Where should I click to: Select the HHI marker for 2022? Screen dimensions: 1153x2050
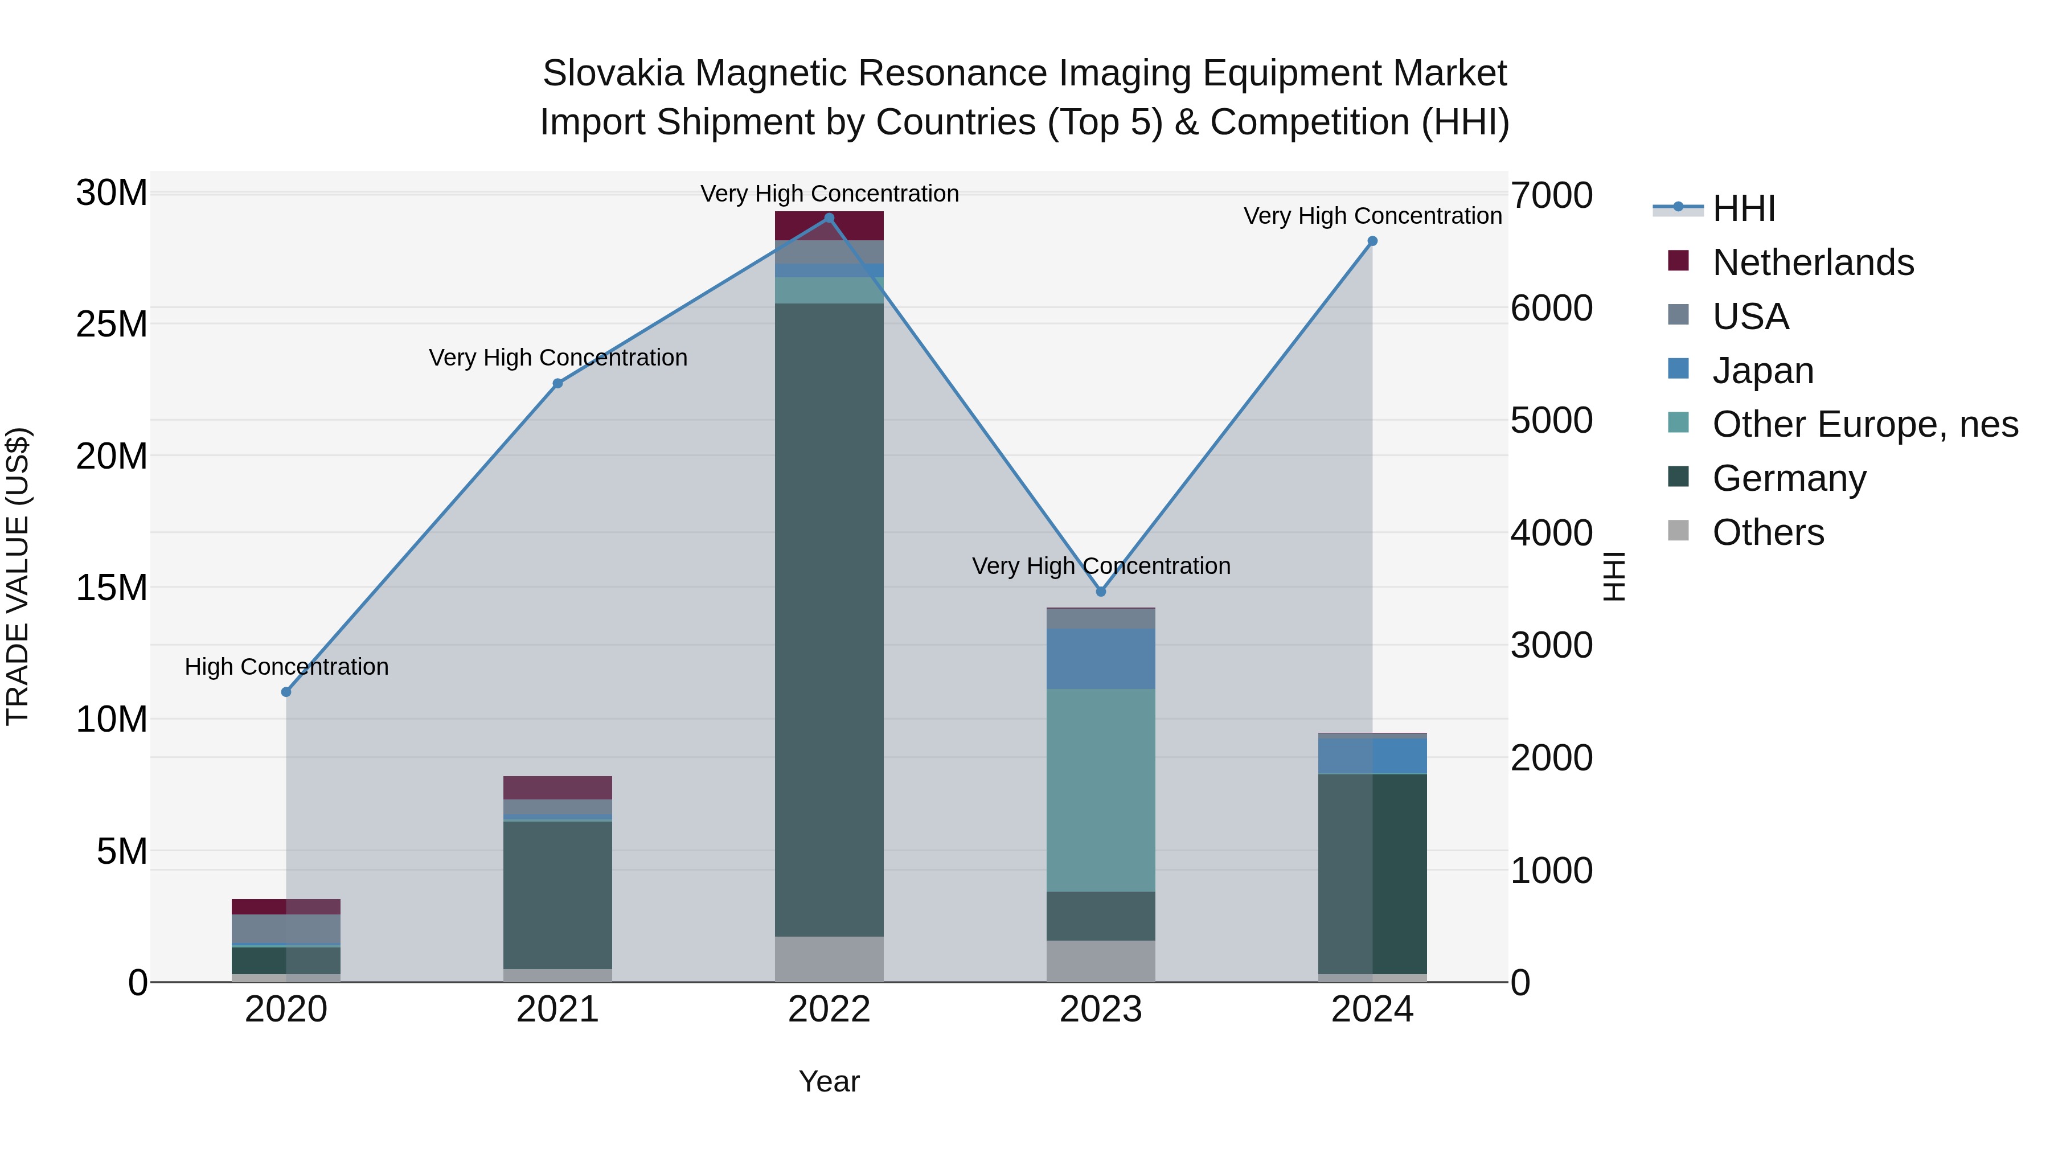pyautogui.click(x=829, y=218)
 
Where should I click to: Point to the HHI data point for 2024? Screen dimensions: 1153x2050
pyautogui.click(x=1372, y=241)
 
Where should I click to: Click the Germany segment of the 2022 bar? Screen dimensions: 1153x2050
pyautogui.click(x=829, y=621)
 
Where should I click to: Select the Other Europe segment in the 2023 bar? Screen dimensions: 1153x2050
pyautogui.click(x=1101, y=790)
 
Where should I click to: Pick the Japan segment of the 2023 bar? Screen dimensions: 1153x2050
pyautogui.click(x=1101, y=659)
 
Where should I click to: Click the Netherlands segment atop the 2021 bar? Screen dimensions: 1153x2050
pyautogui.click(x=558, y=788)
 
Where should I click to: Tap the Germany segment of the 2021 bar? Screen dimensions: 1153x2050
pyautogui.click(x=558, y=895)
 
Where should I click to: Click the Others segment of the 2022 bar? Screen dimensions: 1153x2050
pyautogui.click(x=829, y=959)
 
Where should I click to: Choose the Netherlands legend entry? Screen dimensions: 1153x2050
pyautogui.click(x=1813, y=262)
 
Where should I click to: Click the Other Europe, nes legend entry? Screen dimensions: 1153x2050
pyautogui.click(x=1864, y=425)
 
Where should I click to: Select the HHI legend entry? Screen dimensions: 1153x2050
pyautogui.click(x=1744, y=208)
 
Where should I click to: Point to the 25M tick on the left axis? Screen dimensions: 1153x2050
pyautogui.click(x=112, y=325)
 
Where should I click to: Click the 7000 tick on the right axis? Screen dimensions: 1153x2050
pyautogui.click(x=1552, y=196)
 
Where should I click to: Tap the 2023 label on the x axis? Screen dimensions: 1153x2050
pyautogui.click(x=1101, y=1010)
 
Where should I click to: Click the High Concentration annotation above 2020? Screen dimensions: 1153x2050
pyautogui.click(x=286, y=667)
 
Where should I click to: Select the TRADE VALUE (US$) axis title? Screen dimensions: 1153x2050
pyautogui.click(x=18, y=576)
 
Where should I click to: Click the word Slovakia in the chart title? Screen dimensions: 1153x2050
pyautogui.click(x=613, y=73)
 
